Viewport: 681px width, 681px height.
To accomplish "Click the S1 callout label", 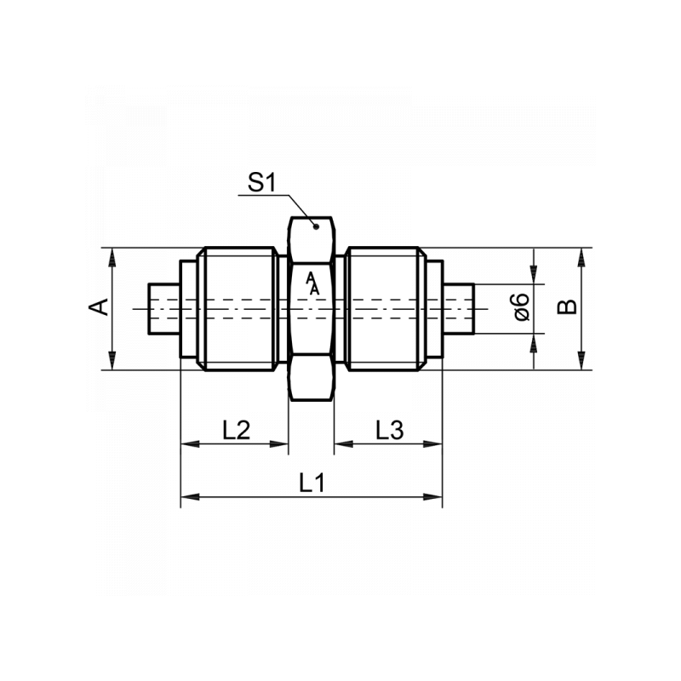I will pos(262,181).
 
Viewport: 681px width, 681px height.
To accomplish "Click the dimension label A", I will pos(100,307).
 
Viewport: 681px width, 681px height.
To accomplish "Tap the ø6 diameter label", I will pos(522,307).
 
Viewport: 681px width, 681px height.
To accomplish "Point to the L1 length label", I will pos(312,483).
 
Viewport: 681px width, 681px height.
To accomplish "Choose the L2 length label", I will pos(235,430).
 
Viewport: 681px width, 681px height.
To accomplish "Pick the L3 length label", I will pos(389,430).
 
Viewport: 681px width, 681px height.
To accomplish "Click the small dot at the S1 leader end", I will pos(315,226).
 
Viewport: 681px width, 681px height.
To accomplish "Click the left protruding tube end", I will pos(162,308).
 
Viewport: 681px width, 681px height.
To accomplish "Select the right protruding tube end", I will pos(459,308).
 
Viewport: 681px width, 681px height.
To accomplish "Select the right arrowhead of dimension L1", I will pos(435,496).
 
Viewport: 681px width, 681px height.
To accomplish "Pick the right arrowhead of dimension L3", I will pos(435,444).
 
